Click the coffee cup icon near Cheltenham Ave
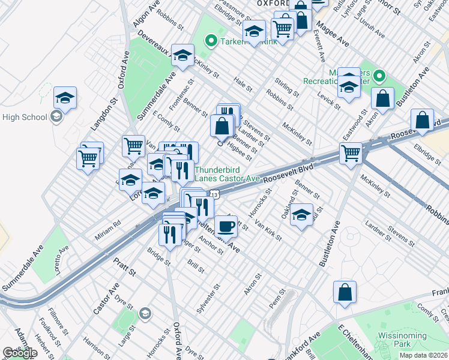point(226,226)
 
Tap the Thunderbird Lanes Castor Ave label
point(228,174)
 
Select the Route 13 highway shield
point(214,194)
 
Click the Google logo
point(20,353)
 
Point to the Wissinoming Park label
point(394,340)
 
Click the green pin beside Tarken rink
point(211,41)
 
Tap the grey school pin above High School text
point(56,116)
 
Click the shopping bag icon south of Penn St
point(345,292)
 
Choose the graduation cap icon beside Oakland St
point(301,215)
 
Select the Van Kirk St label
point(268,229)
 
